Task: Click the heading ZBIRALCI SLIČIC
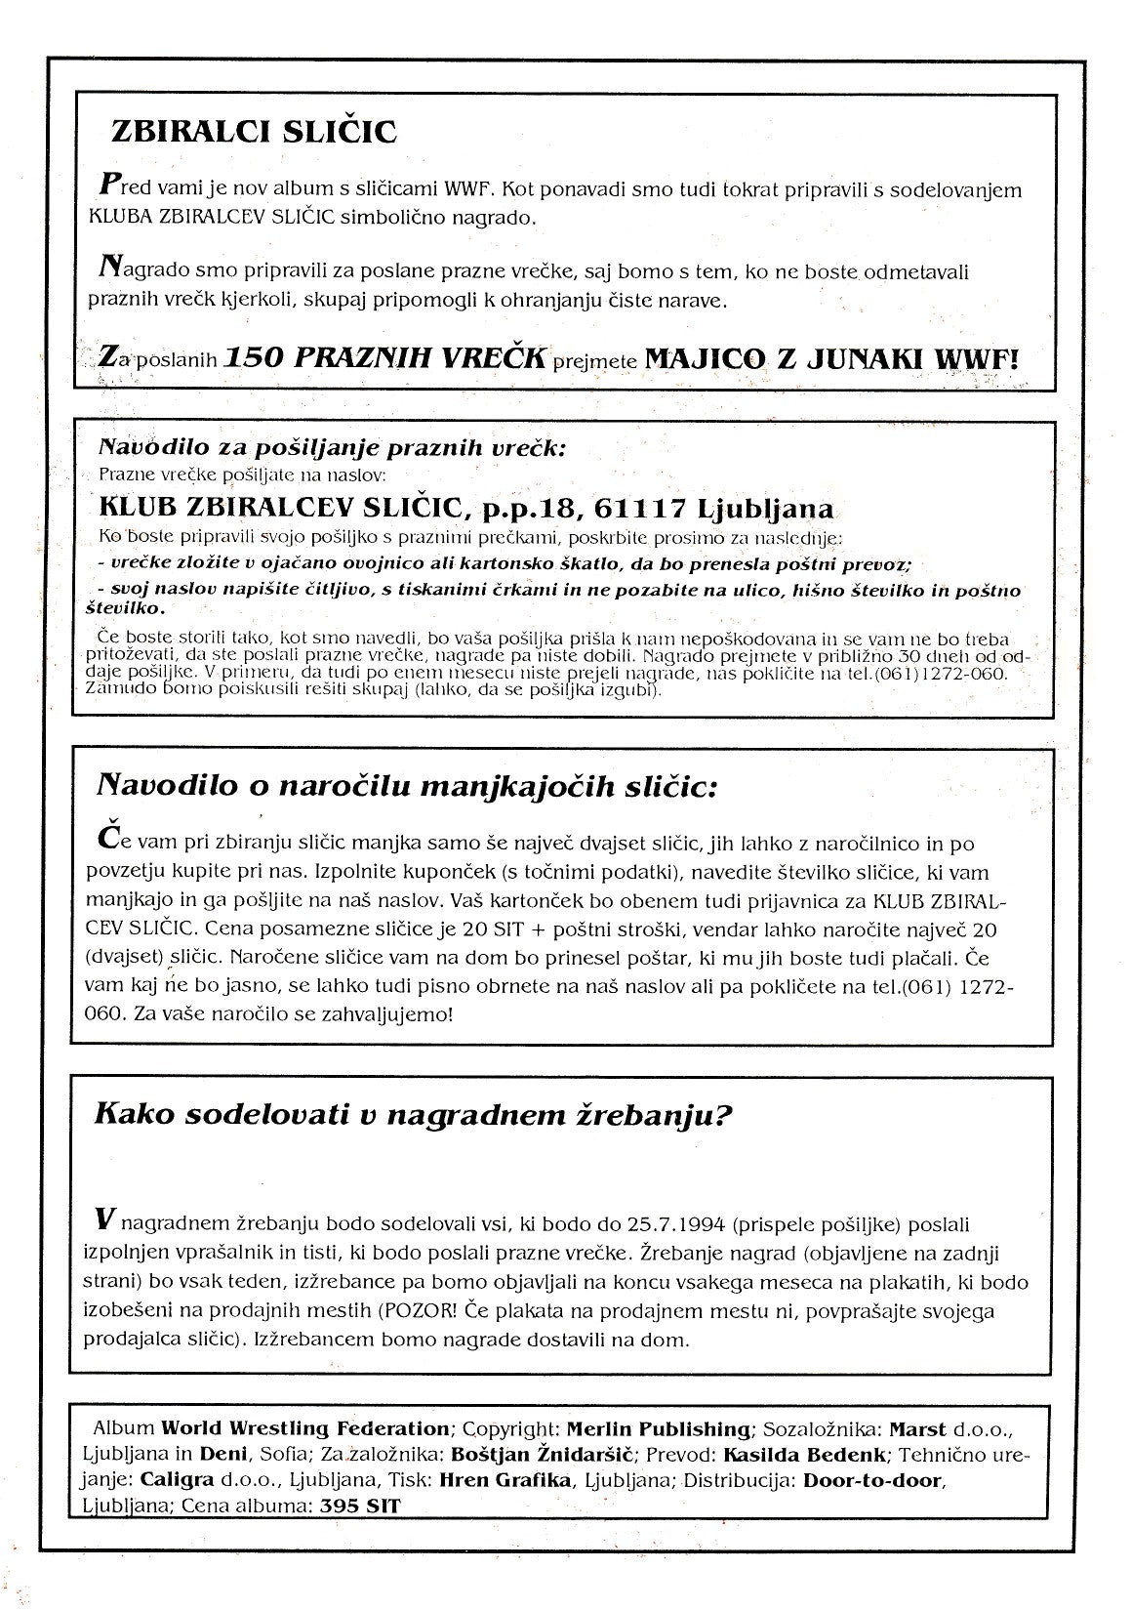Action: (x=254, y=132)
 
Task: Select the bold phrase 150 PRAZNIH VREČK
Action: (x=384, y=357)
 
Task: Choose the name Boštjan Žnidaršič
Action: (x=548, y=1456)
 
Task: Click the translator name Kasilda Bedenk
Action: (x=818, y=1456)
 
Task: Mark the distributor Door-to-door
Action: (x=870, y=1481)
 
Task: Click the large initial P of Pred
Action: (x=110, y=185)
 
